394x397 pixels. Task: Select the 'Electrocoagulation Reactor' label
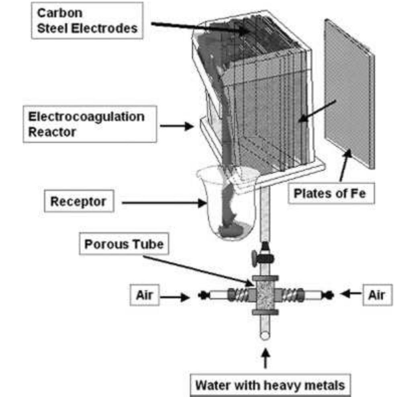coord(86,124)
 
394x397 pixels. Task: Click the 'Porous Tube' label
coord(123,244)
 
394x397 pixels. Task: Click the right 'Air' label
coord(376,295)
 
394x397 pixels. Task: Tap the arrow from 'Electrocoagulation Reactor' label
coord(176,126)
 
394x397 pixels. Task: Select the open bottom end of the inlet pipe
coord(265,335)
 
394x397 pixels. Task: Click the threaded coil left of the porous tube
coord(239,296)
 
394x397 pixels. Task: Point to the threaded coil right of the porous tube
coord(290,296)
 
